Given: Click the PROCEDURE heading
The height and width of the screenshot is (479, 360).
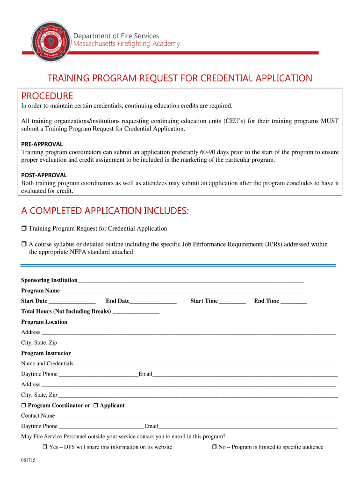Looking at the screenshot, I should [x=47, y=96].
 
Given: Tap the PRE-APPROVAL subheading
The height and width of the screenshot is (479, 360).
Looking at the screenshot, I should [x=42, y=144].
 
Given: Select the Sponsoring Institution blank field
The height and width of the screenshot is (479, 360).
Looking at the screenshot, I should [x=191, y=281].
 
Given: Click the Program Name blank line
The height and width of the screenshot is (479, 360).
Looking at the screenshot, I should [x=182, y=291].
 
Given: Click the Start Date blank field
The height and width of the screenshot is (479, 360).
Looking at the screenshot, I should [x=72, y=301].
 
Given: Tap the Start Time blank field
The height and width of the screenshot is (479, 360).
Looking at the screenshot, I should [x=232, y=301].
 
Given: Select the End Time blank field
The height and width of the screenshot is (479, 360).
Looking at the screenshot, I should [x=294, y=301].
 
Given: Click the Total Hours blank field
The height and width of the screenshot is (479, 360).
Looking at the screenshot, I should [x=136, y=312].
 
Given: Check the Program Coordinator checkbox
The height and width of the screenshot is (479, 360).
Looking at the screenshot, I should [x=24, y=406].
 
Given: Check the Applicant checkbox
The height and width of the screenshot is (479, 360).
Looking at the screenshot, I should [x=96, y=406].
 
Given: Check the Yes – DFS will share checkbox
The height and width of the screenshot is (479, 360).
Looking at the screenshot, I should [x=45, y=447].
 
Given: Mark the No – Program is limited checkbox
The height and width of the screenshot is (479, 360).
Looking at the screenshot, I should [x=215, y=447].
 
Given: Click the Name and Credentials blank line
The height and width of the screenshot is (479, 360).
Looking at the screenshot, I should [x=206, y=364].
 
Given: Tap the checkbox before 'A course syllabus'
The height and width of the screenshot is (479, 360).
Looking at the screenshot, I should [x=24, y=244].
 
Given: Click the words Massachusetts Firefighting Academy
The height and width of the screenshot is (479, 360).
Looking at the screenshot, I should [x=126, y=44].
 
